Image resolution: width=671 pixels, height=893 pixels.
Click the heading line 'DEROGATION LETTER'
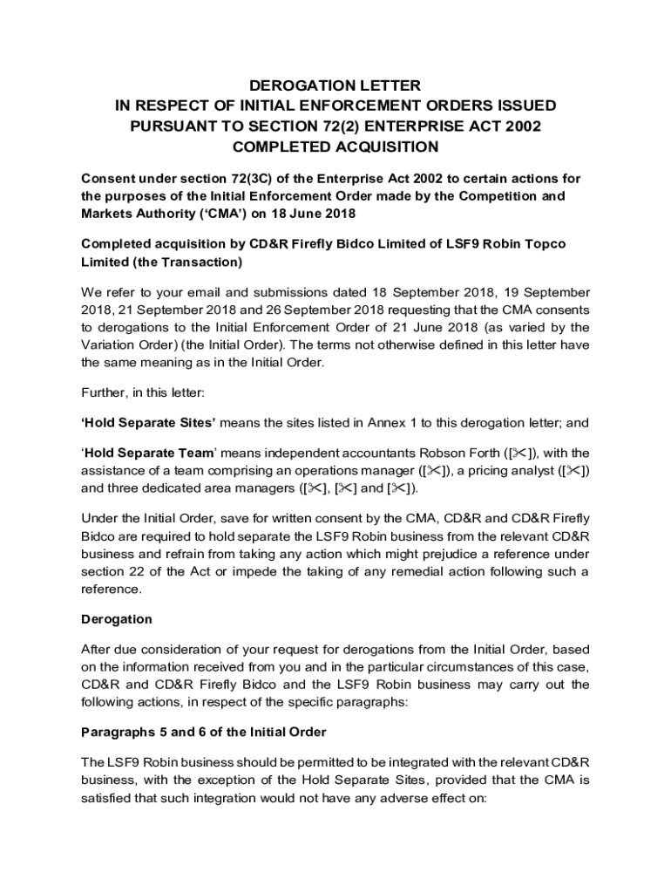(x=335, y=85)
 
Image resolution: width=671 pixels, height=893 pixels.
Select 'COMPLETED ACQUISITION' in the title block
(x=335, y=147)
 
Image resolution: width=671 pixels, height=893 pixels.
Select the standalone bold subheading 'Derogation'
(x=116, y=619)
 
